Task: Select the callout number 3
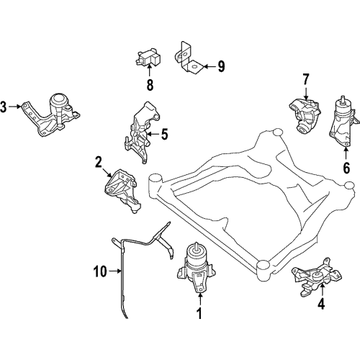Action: [x=4, y=108]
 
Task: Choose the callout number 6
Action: [x=346, y=169]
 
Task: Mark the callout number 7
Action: [x=305, y=78]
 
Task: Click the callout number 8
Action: [x=150, y=84]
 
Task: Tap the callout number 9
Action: [x=221, y=66]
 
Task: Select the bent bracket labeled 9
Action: [x=188, y=58]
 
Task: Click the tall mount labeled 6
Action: [x=345, y=120]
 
